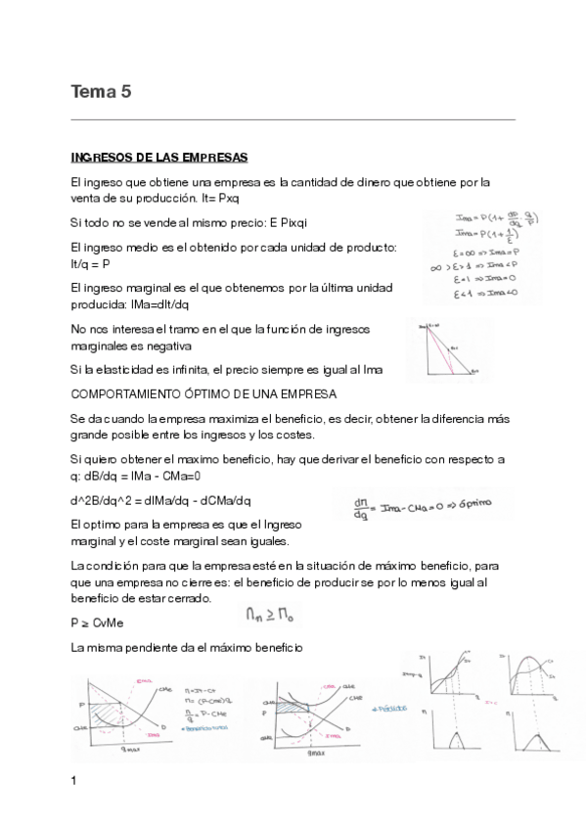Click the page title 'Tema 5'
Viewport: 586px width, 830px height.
point(101,93)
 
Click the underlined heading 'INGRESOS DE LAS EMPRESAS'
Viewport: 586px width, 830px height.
point(159,158)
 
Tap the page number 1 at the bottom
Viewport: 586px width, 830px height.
point(74,781)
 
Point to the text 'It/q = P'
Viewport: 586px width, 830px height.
point(91,264)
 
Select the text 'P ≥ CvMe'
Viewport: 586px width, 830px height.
point(98,622)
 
